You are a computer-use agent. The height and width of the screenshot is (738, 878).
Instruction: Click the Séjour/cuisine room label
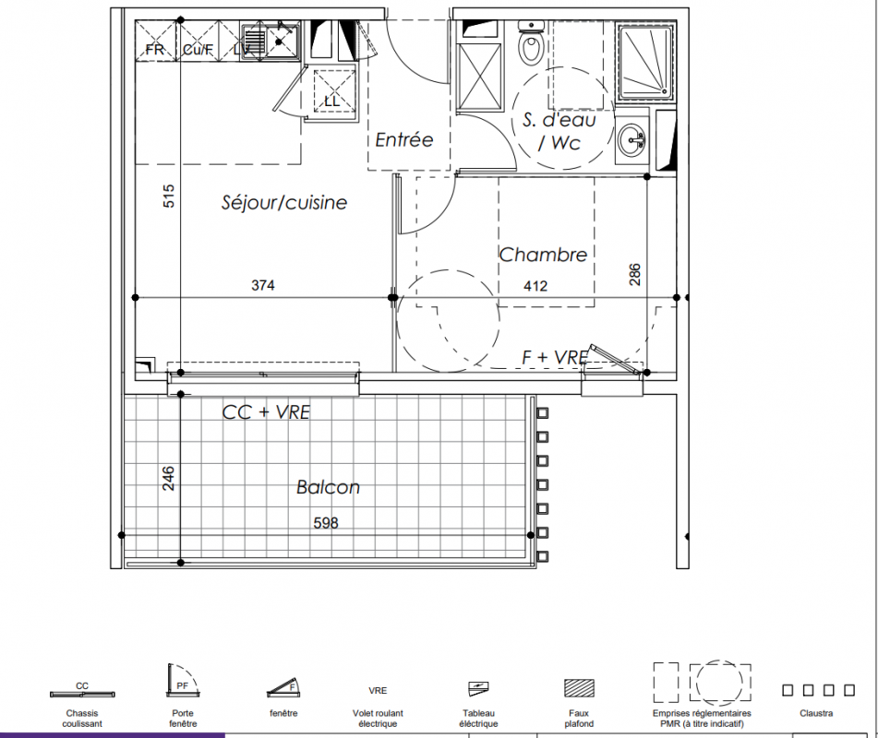(x=283, y=203)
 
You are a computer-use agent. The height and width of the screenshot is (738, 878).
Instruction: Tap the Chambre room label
(x=543, y=256)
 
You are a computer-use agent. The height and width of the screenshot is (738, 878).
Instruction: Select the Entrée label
(x=403, y=139)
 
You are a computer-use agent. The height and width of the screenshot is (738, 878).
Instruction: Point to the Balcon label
(x=328, y=487)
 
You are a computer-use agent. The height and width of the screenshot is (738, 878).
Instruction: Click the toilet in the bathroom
(x=531, y=43)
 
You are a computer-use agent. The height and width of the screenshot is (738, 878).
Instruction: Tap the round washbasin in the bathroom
(x=631, y=138)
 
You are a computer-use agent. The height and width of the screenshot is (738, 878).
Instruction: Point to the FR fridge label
(x=155, y=50)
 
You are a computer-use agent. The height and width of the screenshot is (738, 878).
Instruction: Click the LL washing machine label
(x=332, y=101)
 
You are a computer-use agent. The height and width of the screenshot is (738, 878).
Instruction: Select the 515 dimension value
(x=169, y=196)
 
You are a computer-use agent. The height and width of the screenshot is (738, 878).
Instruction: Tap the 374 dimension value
(x=262, y=285)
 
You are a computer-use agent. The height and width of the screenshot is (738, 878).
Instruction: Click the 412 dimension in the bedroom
(x=535, y=286)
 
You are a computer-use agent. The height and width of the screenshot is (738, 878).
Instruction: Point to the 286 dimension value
(x=634, y=275)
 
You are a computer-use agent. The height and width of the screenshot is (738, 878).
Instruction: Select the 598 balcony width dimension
(x=326, y=523)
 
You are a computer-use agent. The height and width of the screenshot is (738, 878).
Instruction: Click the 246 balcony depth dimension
(x=169, y=479)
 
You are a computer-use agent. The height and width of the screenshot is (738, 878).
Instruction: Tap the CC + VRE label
(x=266, y=412)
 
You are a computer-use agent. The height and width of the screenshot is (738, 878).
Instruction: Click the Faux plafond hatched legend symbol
(x=579, y=687)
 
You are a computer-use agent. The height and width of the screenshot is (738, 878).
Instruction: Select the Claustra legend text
(x=816, y=713)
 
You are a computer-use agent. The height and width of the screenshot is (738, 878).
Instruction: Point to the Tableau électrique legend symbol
(x=478, y=688)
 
